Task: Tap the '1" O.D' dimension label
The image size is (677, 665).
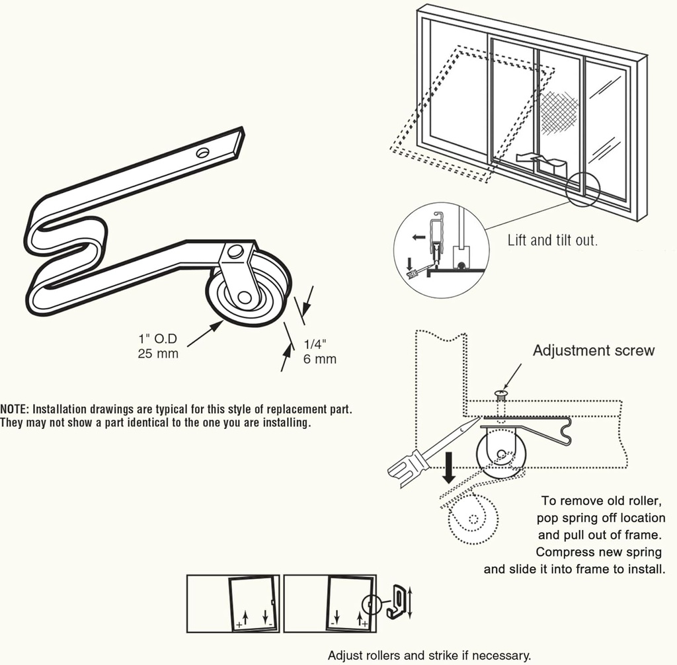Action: coord(158,340)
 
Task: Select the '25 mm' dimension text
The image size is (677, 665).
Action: coord(158,354)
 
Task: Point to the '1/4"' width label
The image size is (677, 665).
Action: coord(316,344)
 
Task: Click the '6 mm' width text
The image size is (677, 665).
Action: coord(320,359)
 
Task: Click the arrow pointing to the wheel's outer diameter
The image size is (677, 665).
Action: coord(204,333)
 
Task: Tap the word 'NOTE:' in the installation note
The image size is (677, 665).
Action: coord(15,409)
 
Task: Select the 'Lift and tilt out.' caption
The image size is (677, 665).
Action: coord(552,240)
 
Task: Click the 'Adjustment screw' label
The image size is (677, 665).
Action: coord(593,350)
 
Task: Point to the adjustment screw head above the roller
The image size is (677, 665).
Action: coord(501,395)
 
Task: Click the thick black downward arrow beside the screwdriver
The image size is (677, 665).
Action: coord(449,467)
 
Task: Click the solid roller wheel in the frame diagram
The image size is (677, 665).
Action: coord(501,455)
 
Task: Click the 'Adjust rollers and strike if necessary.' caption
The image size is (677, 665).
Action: coord(429,655)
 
